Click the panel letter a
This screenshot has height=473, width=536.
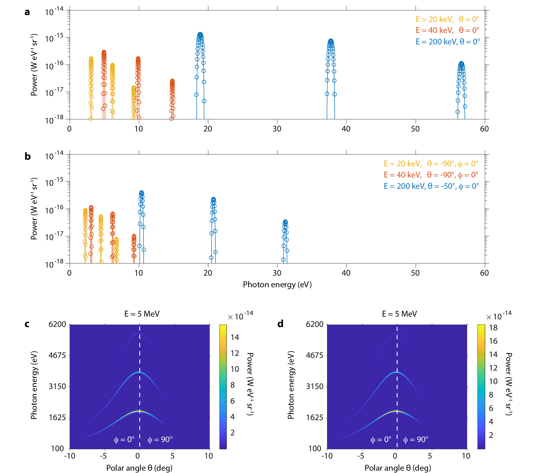tap(27, 12)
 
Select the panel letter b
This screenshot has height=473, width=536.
tap(28, 157)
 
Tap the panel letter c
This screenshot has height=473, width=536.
tap(27, 324)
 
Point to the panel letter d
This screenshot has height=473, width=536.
tap(280, 324)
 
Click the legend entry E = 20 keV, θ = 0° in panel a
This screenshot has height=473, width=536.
tap(447, 19)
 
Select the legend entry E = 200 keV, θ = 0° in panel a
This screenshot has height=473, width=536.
tap(448, 42)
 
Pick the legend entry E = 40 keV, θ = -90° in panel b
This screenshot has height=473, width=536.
tap(431, 175)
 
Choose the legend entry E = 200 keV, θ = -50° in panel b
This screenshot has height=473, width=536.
tap(431, 186)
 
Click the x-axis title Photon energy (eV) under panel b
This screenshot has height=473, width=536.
tap(277, 285)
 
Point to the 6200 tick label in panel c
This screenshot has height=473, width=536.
tap(57, 324)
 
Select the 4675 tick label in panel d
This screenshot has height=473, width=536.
tap(314, 356)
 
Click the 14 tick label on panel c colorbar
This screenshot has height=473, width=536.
tap(235, 338)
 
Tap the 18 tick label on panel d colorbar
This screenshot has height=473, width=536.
tap(493, 328)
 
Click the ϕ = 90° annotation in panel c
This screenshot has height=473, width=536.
tap(160, 440)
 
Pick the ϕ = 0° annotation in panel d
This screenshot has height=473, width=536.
tap(381, 440)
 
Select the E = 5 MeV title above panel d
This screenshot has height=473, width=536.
tap(399, 314)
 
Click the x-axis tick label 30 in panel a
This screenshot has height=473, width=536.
tap(277, 129)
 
